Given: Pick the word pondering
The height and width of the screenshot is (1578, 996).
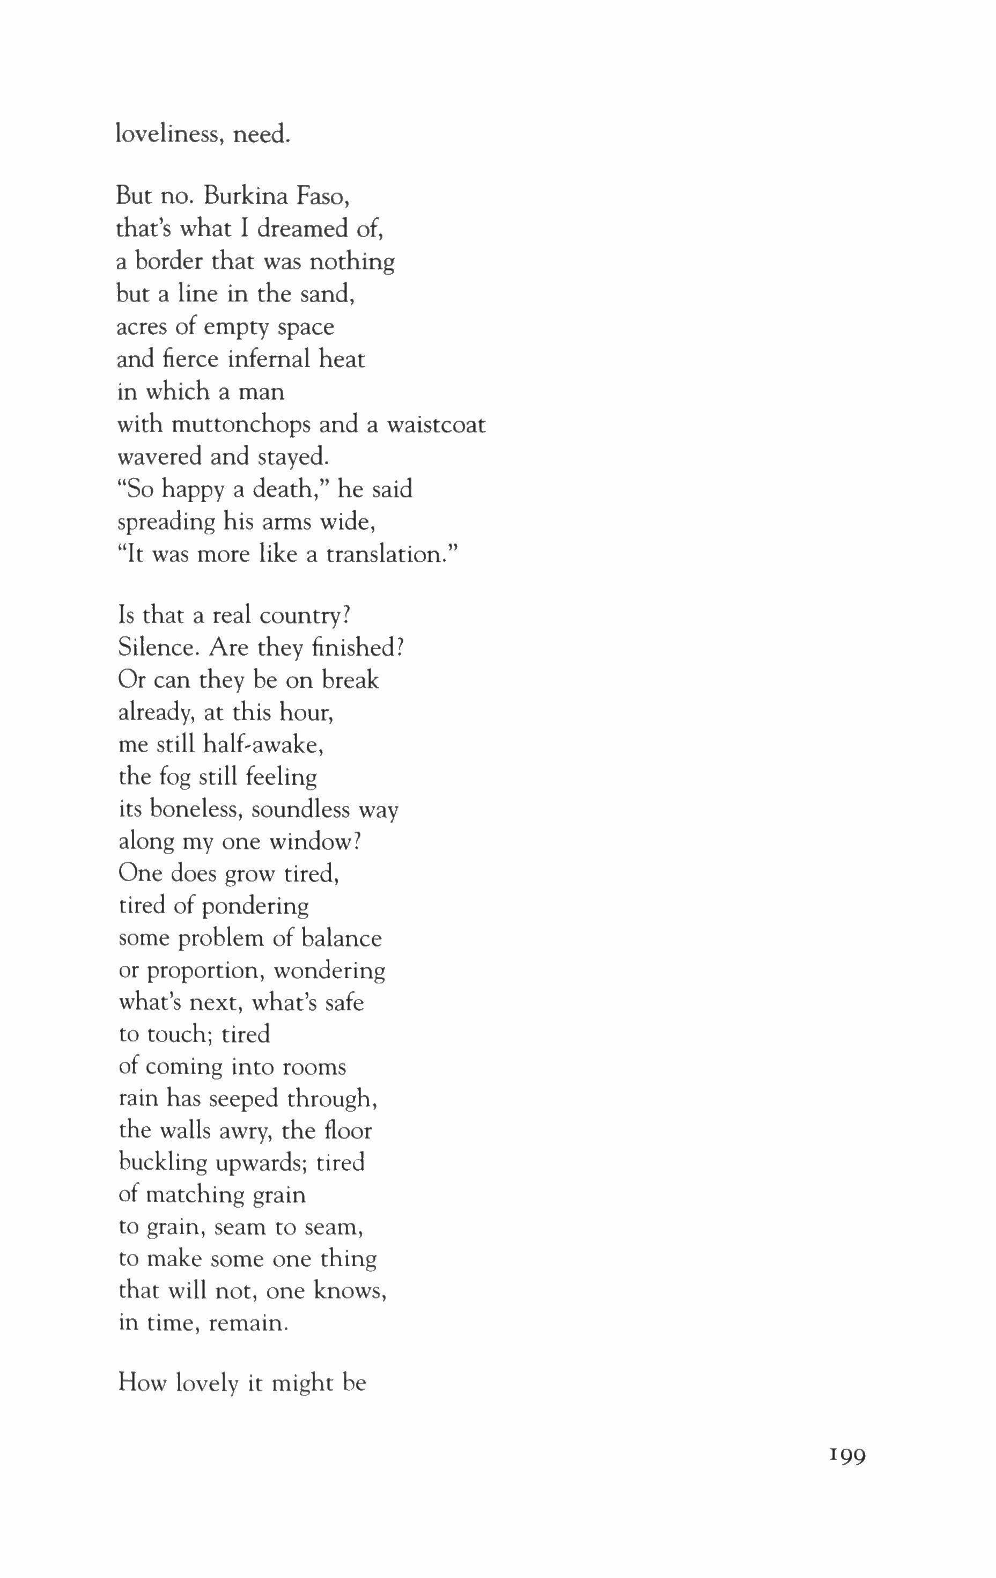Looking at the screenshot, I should pos(255,907).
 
